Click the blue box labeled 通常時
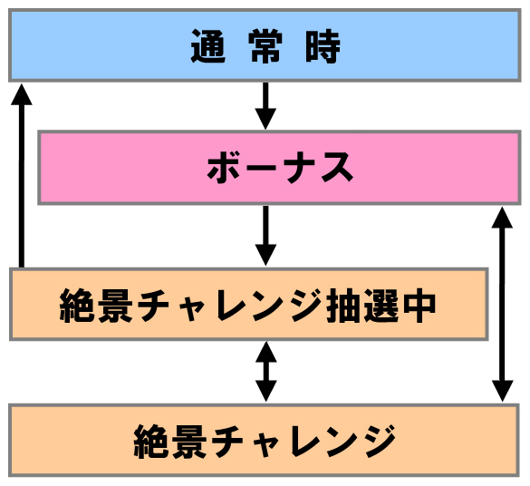(265, 45)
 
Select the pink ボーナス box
(279, 168)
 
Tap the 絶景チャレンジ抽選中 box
(249, 304)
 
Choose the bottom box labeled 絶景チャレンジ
(264, 440)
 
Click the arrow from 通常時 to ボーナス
(265, 106)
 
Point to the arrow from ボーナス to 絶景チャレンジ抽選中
(265, 236)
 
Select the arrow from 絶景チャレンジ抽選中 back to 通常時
(22, 176)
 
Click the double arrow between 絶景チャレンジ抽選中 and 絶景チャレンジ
(266, 372)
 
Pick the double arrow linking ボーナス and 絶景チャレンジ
(502, 305)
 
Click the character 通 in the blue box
(207, 46)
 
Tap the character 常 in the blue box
(265, 46)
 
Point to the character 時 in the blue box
(323, 46)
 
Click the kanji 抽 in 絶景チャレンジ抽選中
(344, 306)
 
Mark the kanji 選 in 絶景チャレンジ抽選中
(381, 306)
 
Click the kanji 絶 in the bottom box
(151, 442)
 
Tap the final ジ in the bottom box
(378, 442)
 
